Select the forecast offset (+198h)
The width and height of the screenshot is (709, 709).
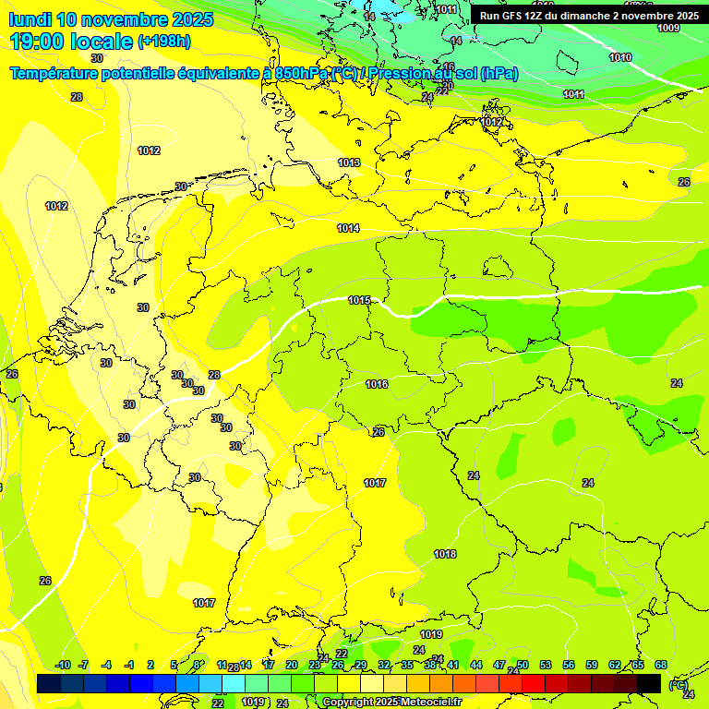point(164,42)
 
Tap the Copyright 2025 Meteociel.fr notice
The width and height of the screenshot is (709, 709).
point(391,703)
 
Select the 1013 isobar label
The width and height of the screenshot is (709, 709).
point(349,162)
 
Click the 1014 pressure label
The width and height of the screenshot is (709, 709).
point(348,228)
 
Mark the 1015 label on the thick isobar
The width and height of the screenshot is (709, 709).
point(359,300)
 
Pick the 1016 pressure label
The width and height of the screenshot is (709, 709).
point(377,384)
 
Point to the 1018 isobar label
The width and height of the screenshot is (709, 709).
point(445,554)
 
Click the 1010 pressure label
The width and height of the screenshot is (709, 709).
point(620,57)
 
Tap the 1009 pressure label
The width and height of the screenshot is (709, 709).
point(668,28)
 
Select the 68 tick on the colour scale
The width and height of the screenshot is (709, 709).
point(661,665)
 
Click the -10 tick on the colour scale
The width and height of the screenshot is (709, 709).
point(63,665)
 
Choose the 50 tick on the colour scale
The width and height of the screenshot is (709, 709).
point(523,665)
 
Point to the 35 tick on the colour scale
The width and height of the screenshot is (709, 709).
point(407,665)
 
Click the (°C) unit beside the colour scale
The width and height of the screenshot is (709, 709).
point(678,684)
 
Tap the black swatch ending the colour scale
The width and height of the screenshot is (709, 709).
point(649,683)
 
